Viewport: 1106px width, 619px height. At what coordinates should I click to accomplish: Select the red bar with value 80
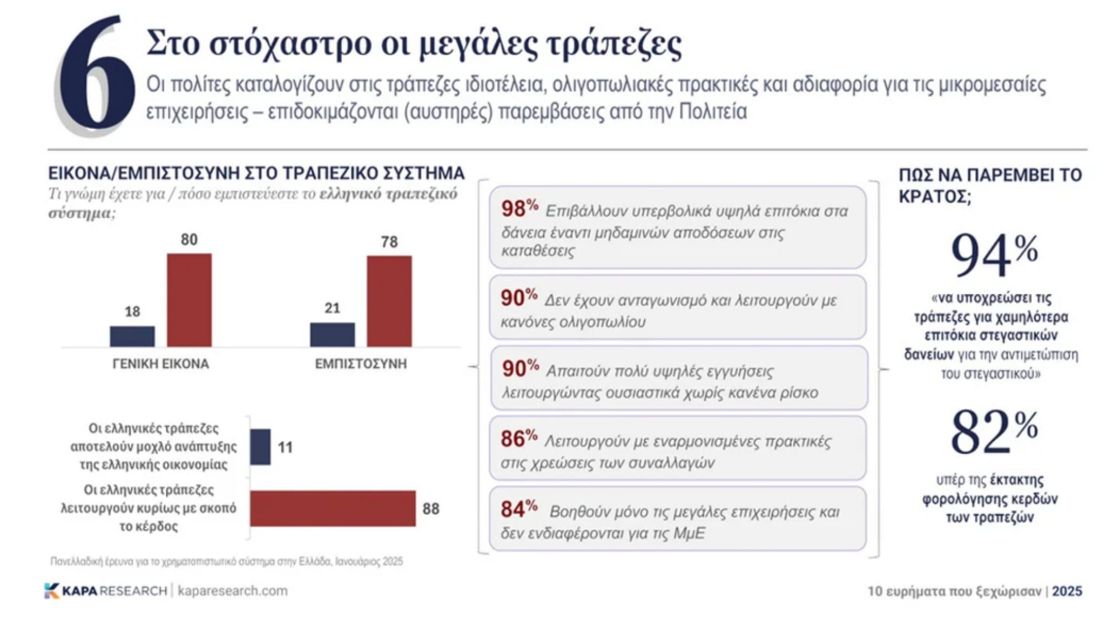(189, 300)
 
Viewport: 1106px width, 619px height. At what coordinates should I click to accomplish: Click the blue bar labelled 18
(132, 336)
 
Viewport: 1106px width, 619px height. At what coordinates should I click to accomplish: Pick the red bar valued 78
(389, 301)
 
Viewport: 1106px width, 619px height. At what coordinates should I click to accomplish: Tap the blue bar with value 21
(332, 334)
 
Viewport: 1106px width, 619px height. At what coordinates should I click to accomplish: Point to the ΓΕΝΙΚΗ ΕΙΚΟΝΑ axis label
(160, 364)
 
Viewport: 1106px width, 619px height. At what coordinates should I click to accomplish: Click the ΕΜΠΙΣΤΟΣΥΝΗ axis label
(361, 364)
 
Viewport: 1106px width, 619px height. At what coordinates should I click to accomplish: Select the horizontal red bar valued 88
(333, 508)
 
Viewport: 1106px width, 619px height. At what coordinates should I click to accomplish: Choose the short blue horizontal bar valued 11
(260, 447)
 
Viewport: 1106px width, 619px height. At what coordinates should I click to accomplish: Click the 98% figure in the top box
(519, 208)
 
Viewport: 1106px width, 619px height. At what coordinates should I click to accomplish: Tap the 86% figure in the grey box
(518, 439)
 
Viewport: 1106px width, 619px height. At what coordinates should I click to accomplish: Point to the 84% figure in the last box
(518, 509)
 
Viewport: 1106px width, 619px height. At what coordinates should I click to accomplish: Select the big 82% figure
(994, 432)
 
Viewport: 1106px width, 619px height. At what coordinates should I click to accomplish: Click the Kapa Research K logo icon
(51, 590)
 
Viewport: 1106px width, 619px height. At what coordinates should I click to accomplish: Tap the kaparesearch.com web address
(232, 591)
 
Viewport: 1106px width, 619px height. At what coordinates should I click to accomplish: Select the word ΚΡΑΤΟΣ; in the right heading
(935, 197)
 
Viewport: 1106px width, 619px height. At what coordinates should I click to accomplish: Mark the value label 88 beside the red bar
(430, 509)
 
